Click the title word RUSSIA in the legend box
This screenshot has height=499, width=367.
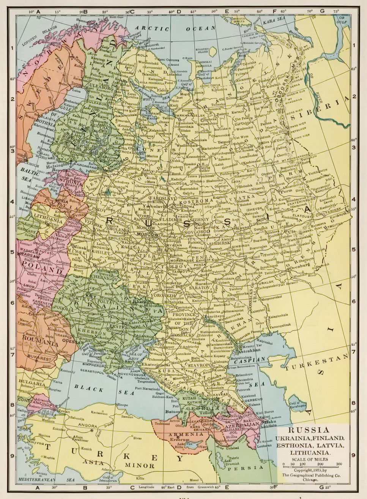pyautogui.click(x=309, y=430)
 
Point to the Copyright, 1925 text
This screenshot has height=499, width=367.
pyautogui.click(x=311, y=470)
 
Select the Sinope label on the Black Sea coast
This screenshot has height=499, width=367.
pyautogui.click(x=122, y=405)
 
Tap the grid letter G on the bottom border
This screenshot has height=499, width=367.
pyautogui.click(x=321, y=487)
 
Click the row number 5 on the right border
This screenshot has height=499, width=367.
pyautogui.click(x=354, y=250)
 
